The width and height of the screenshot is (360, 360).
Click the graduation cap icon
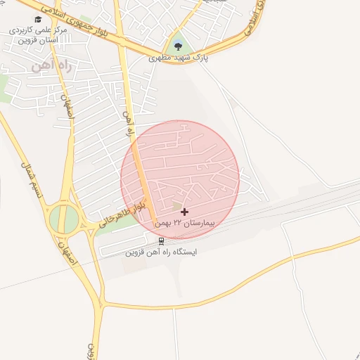(38, 19)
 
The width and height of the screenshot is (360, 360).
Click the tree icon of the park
(177, 46)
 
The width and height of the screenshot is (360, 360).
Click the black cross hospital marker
(184, 212)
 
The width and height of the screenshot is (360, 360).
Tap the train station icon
(162, 240)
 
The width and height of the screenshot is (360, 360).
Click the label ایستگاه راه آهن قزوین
(162, 252)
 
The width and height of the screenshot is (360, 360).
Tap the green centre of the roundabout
(64, 220)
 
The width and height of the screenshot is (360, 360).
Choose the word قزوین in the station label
(136, 252)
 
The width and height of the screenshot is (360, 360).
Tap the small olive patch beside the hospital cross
(176, 205)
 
